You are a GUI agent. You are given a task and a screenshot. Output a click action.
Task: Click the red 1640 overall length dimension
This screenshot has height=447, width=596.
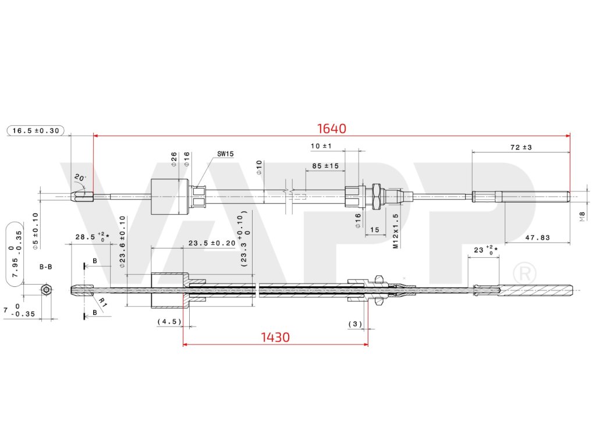331,129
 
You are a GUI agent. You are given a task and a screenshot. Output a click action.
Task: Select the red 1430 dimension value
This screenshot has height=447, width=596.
275,337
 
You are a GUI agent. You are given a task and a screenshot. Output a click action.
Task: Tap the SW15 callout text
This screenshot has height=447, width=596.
225,154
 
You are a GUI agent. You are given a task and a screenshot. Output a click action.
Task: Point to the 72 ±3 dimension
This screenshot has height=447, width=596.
521,147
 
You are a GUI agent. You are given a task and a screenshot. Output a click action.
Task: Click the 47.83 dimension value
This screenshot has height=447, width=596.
537,237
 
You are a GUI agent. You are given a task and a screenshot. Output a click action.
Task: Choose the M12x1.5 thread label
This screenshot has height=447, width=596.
395,231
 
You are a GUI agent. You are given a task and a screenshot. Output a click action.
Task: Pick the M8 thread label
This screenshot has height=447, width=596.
582,217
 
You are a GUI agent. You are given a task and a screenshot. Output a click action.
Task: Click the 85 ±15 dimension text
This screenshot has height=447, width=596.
325,166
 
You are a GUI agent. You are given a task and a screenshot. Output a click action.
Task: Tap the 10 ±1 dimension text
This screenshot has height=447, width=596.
321,146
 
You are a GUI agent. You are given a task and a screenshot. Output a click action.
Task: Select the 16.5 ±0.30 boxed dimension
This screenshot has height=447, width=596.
36,131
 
